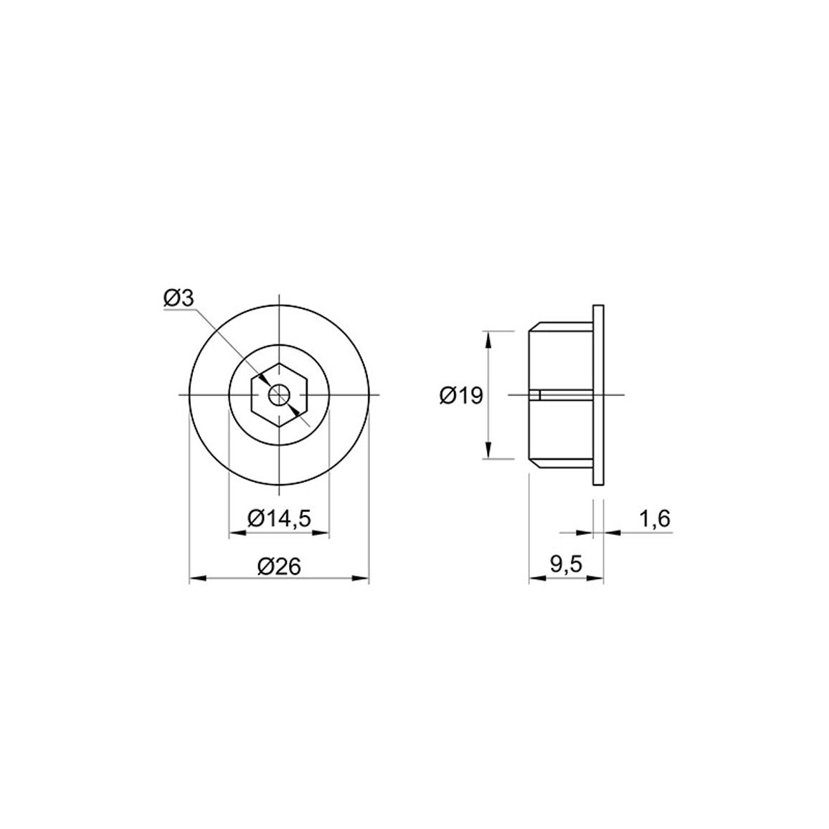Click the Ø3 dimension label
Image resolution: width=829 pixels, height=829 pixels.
coord(179,298)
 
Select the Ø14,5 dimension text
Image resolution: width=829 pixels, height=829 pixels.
coord(279,518)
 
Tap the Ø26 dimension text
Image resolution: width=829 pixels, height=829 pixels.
coord(279,567)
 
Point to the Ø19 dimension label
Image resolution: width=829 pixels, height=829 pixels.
coord(461,395)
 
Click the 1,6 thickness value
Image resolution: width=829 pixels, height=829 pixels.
coord(655,519)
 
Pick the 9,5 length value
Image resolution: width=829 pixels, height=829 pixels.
coord(566,564)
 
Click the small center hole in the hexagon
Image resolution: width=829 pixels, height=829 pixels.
coord(279,395)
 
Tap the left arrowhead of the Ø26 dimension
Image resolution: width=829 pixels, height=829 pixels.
coord(196,579)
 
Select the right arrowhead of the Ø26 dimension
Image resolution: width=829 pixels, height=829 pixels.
coord(361,579)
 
